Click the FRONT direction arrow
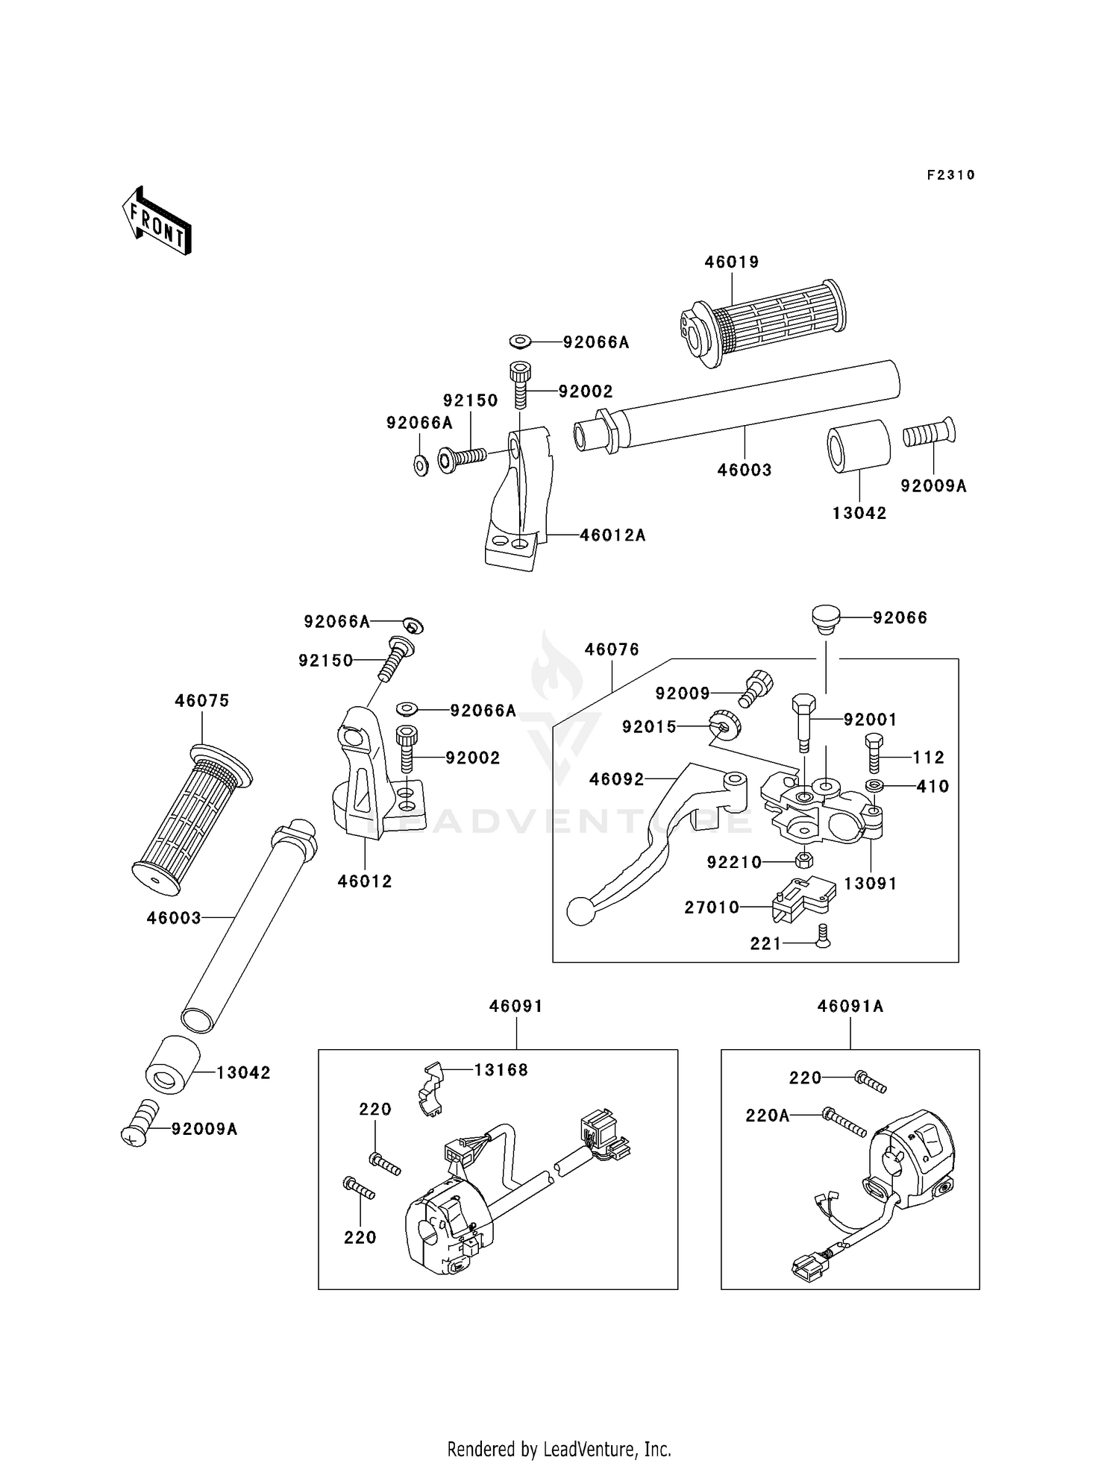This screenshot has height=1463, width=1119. click(x=157, y=221)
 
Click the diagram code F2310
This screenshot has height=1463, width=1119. click(x=951, y=175)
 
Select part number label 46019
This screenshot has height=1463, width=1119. click(x=732, y=262)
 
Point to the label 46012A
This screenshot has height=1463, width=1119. click(x=612, y=535)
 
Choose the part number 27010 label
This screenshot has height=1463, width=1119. click(x=712, y=907)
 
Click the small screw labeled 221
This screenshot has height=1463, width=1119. click(x=823, y=936)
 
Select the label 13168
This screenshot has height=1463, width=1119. click(x=501, y=1070)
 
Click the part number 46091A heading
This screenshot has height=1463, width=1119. click(x=850, y=1006)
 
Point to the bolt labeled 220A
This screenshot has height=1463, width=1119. click(x=844, y=1122)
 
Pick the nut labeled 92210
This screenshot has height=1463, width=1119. click(x=803, y=860)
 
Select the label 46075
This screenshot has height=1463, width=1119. click(x=202, y=701)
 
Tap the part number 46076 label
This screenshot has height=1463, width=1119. click(x=612, y=649)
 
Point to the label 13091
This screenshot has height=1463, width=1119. click(x=871, y=883)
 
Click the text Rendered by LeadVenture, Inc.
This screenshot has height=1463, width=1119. click(x=559, y=1449)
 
